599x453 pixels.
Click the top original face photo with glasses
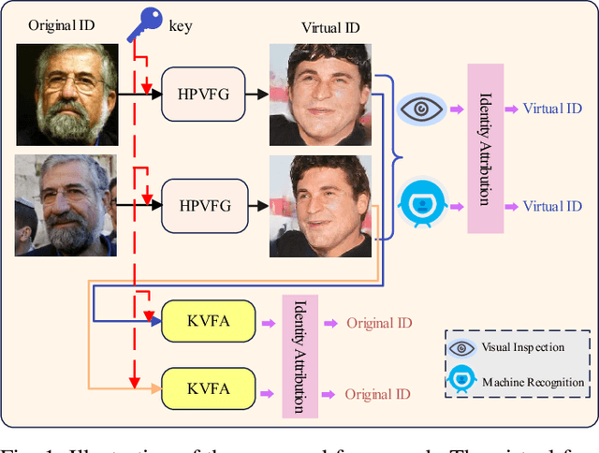[67, 94]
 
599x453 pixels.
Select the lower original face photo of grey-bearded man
[66, 206]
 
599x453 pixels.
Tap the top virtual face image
[320, 94]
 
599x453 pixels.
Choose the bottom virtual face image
[320, 206]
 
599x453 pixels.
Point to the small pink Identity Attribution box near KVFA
[300, 356]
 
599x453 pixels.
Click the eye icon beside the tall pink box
[420, 109]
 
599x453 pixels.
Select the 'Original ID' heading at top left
[62, 24]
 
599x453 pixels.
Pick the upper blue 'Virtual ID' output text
[552, 109]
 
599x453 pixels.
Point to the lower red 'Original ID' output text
[378, 394]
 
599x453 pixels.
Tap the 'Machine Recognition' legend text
[533, 382]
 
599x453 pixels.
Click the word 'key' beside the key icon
[181, 25]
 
